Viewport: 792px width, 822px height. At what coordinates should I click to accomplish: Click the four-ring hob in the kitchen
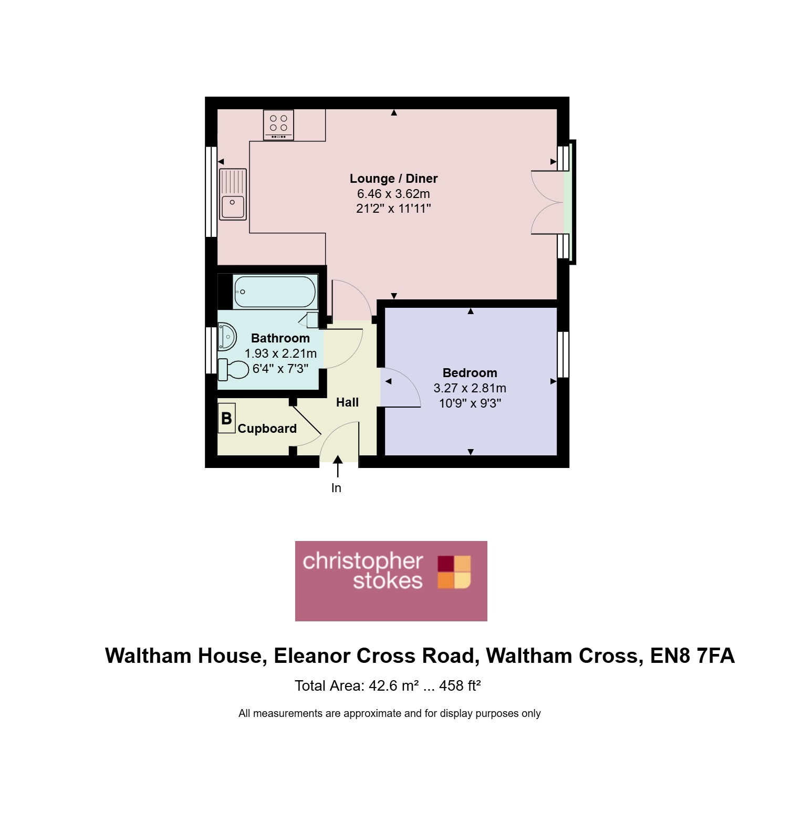(278, 124)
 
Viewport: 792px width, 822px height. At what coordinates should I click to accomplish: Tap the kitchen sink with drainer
(233, 194)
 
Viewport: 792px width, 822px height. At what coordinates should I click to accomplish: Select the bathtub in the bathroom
(275, 292)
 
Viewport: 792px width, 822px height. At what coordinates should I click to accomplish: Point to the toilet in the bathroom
(233, 369)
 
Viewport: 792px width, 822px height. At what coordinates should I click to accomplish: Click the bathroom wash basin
(227, 337)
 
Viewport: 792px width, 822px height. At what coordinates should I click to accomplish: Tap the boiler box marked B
(227, 418)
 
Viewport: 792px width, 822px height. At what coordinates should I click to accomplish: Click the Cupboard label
(267, 429)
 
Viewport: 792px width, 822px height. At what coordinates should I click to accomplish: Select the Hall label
(347, 402)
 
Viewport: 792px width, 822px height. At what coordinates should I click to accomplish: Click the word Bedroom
(470, 373)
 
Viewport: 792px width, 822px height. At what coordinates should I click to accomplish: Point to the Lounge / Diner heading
(393, 179)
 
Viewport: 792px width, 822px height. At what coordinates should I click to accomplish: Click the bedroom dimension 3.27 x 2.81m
(470, 388)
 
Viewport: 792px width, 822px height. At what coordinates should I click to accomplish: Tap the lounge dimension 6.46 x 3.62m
(393, 194)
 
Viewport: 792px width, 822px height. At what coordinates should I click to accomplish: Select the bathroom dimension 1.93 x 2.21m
(280, 353)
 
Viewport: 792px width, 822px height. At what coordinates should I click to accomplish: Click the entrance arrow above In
(338, 466)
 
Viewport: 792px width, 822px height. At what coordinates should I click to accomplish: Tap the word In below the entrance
(336, 488)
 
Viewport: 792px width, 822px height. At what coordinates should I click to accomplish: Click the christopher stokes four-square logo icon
(454, 572)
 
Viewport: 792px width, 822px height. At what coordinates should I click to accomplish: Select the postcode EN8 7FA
(692, 656)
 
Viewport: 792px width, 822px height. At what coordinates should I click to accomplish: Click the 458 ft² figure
(460, 685)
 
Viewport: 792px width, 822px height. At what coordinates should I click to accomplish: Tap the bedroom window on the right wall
(563, 355)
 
